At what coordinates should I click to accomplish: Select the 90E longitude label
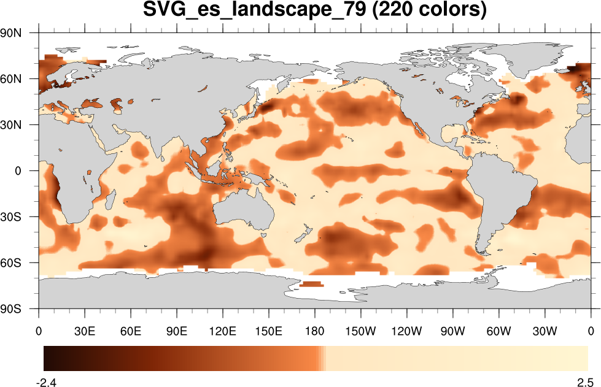tap(177, 332)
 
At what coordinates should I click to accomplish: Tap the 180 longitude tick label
tap(315, 332)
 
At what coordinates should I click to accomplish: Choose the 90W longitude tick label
tap(452, 332)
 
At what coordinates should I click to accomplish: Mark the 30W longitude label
tap(545, 332)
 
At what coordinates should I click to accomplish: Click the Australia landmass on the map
tap(246, 212)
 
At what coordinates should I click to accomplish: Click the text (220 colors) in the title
tap(428, 10)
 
